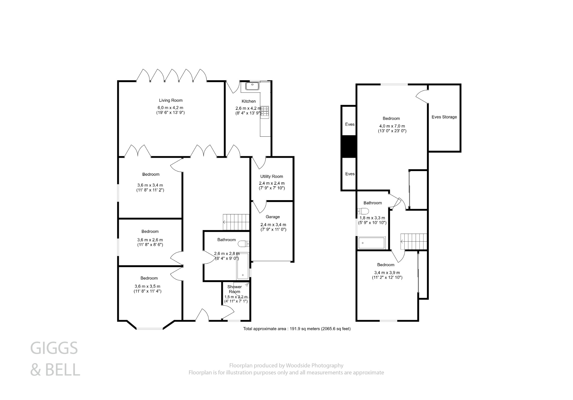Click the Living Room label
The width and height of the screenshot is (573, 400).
click(x=171, y=100)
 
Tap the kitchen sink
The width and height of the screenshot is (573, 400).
click(x=253, y=86)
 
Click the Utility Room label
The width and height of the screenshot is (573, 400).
click(x=271, y=176)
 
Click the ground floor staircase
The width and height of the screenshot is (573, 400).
click(x=236, y=222)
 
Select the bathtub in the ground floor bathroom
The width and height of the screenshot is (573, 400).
click(x=243, y=266)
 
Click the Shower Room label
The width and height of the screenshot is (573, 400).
click(x=234, y=289)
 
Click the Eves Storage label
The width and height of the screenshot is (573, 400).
click(x=444, y=117)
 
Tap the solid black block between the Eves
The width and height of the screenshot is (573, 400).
click(x=349, y=146)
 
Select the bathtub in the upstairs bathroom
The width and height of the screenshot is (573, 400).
click(x=372, y=243)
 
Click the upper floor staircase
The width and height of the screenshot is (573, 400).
click(x=414, y=241)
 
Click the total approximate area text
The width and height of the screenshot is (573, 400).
click(x=297, y=329)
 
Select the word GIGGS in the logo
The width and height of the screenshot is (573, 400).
click(x=54, y=348)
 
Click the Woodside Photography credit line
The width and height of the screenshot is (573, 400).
click(x=286, y=365)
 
